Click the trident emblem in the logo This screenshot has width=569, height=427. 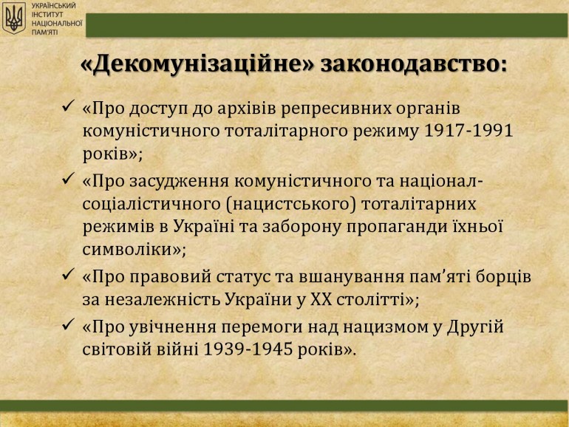14,18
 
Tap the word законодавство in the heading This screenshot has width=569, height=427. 413,65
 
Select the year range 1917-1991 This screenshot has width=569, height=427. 468,131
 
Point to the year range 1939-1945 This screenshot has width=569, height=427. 248,349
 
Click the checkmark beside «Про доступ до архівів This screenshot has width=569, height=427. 68,106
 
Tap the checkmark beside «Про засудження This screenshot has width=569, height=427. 68,179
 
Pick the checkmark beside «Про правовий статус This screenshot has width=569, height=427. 68,274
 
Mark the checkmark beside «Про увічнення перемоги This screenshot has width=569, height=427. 68,324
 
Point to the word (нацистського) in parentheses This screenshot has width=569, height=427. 291,204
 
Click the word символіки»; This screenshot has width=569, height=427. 134,250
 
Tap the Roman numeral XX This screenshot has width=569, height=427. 321,300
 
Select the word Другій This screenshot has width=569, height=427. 475,327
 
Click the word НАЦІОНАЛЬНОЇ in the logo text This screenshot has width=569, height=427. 57,23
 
